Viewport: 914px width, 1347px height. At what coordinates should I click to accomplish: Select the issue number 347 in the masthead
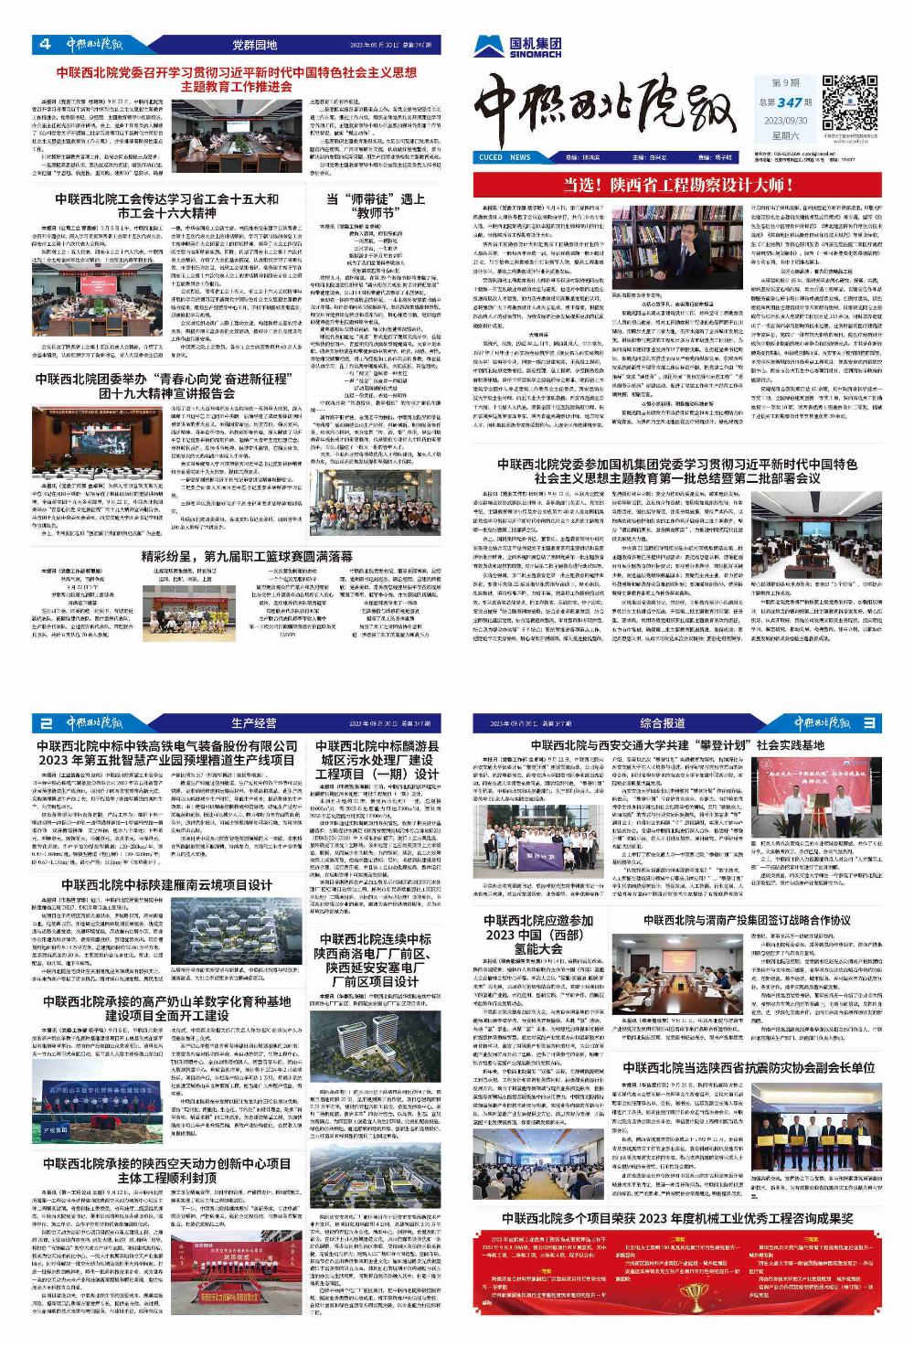coord(793,102)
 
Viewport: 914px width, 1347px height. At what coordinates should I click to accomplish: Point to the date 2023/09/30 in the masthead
coord(784,120)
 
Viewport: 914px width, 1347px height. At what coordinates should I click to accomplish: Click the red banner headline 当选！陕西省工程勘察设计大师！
coord(679,186)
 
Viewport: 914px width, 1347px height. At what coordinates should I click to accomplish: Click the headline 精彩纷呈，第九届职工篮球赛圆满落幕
coord(247,555)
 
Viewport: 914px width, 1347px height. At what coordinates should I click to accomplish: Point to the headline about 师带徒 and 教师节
coord(375,206)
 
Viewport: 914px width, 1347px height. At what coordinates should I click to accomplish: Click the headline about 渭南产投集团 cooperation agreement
coord(746,921)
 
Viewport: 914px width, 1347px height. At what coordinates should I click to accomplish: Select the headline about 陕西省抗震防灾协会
coord(748,1067)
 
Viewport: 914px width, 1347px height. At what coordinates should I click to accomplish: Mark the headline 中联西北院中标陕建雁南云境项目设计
coord(166,884)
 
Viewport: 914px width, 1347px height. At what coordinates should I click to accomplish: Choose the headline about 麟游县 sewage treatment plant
coord(377,760)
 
